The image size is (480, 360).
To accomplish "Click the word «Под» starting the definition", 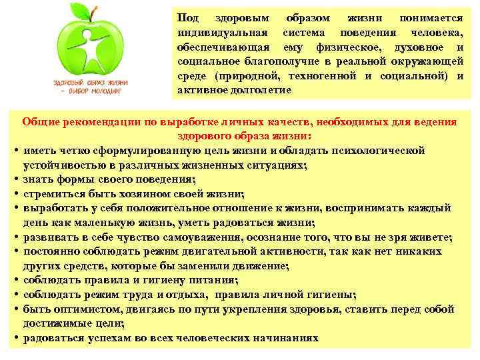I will (x=188, y=15).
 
